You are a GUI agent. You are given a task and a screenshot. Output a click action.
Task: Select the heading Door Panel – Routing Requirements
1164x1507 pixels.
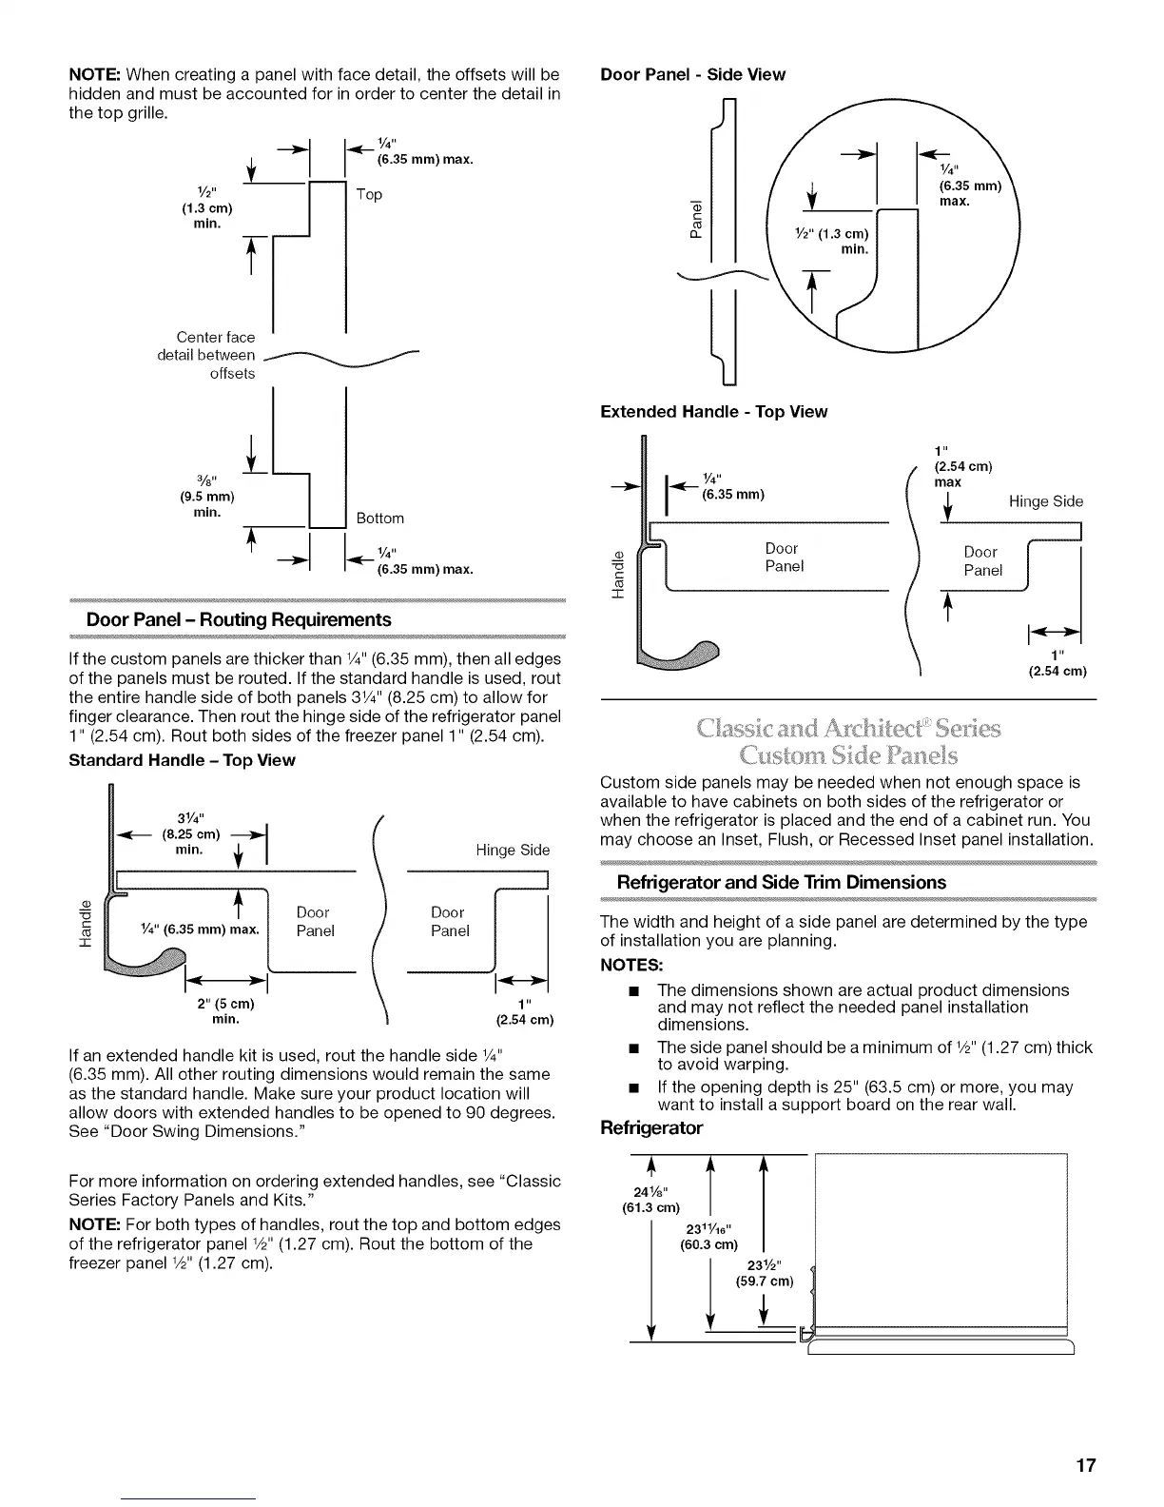point(239,620)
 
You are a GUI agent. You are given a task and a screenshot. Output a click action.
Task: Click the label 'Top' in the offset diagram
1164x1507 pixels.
point(369,195)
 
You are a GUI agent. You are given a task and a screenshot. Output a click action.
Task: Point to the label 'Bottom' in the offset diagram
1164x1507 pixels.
point(379,519)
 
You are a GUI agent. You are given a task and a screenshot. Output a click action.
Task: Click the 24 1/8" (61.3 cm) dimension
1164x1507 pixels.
point(654,1200)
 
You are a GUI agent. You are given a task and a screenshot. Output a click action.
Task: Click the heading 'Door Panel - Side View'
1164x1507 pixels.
point(692,74)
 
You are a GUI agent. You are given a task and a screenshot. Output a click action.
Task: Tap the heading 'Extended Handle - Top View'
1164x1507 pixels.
point(713,412)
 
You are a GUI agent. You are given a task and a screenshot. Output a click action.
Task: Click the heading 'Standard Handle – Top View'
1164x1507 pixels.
point(182,760)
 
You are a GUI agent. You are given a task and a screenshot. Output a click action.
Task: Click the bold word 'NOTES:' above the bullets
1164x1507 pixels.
point(631,965)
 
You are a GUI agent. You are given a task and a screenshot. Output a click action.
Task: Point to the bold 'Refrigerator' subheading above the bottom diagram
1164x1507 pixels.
point(651,1128)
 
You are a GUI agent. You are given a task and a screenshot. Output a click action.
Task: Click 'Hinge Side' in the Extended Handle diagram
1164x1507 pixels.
point(1045,501)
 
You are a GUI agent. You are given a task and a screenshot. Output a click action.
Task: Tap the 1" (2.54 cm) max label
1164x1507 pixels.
point(961,466)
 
